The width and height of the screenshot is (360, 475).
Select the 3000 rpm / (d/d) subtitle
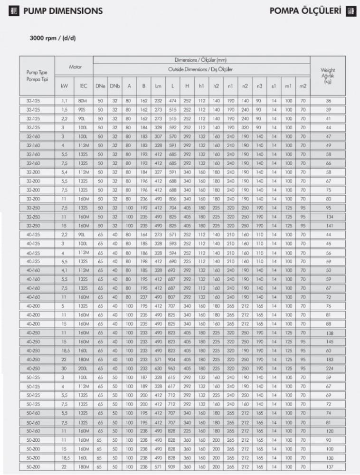pos(54,38)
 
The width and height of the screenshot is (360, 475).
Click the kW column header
pos(65,86)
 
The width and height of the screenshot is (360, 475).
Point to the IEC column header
pos(83,86)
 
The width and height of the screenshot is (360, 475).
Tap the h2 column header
pos(216,86)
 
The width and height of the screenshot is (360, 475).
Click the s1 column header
pos(274,86)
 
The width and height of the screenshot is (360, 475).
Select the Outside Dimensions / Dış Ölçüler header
pos(201,69)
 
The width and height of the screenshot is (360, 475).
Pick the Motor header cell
pos(76,67)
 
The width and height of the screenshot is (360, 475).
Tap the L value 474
pos(173,101)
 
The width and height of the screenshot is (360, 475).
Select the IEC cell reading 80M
pos(83,101)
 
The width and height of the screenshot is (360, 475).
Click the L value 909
pos(173,467)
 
